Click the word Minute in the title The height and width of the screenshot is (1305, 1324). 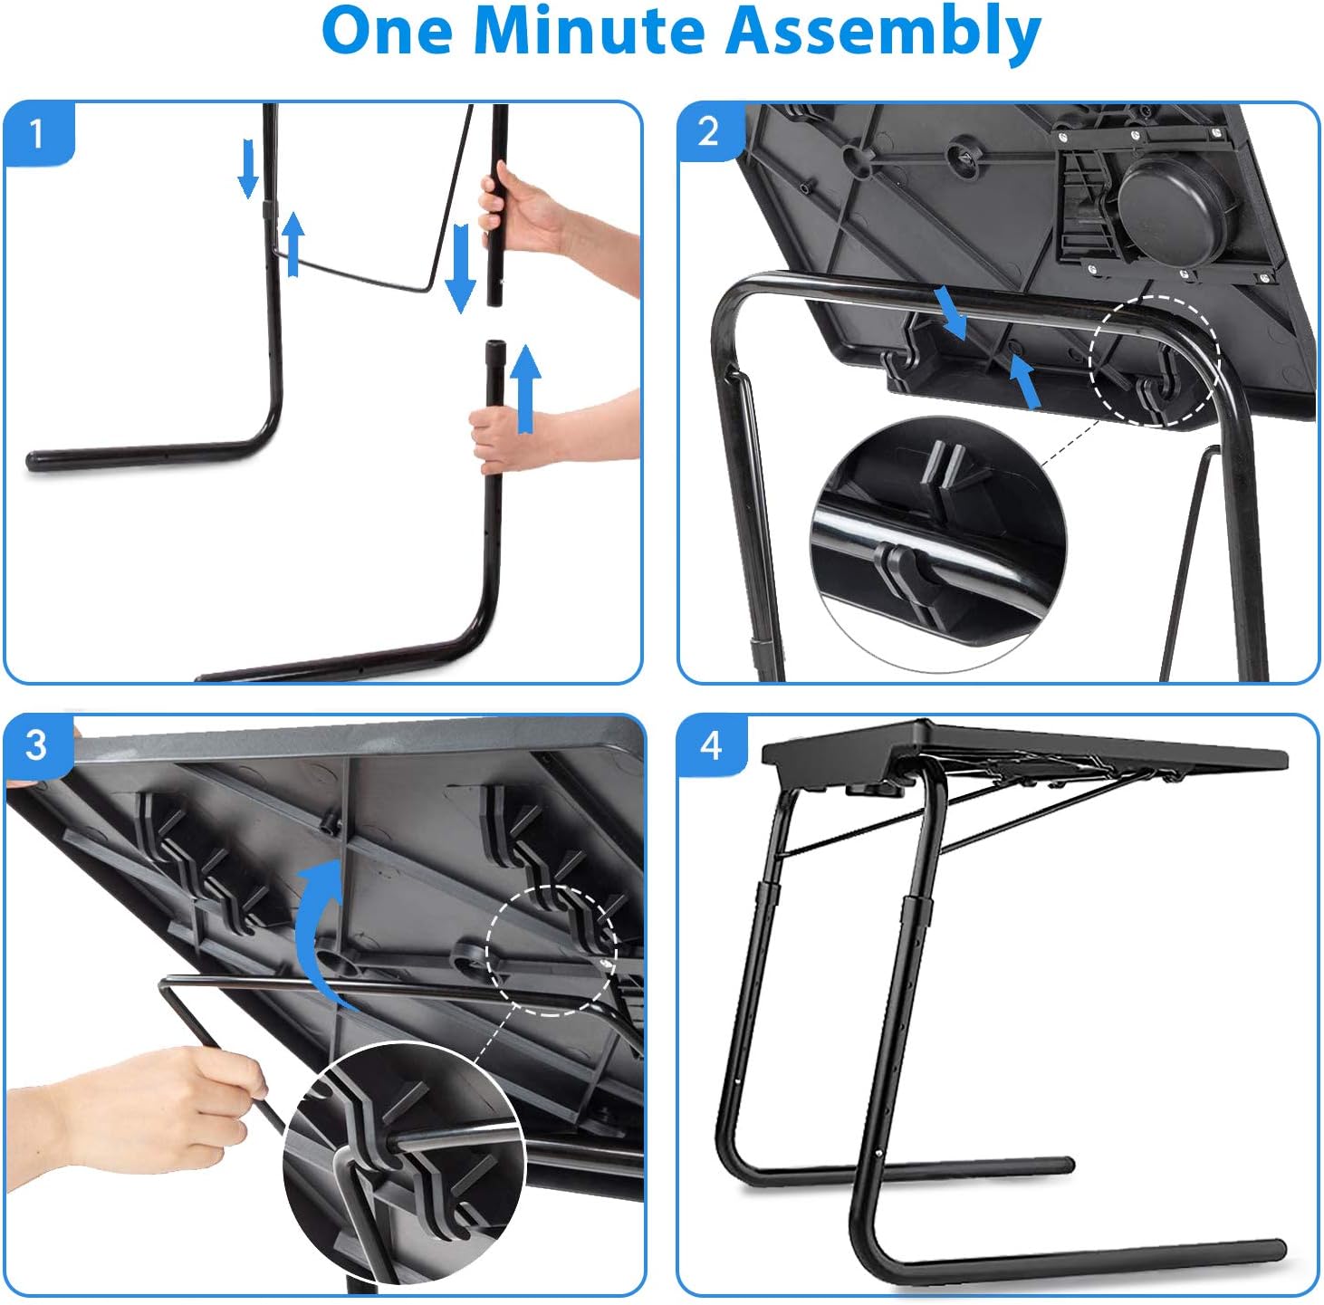pos(589,32)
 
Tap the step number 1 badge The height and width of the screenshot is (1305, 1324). pos(36,134)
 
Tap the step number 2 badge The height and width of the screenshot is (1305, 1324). pos(709,132)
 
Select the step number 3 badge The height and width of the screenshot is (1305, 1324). pos(36,745)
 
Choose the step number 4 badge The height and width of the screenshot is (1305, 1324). pos(711,745)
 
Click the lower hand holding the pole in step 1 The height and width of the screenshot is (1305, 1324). pos(507,435)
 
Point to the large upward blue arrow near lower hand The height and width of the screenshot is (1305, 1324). pos(525,389)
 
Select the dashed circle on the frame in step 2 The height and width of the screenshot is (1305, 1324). pos(1155,360)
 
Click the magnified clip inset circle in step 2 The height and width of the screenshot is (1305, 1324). pos(937,543)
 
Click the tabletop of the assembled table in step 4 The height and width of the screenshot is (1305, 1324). pos(1023,747)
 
